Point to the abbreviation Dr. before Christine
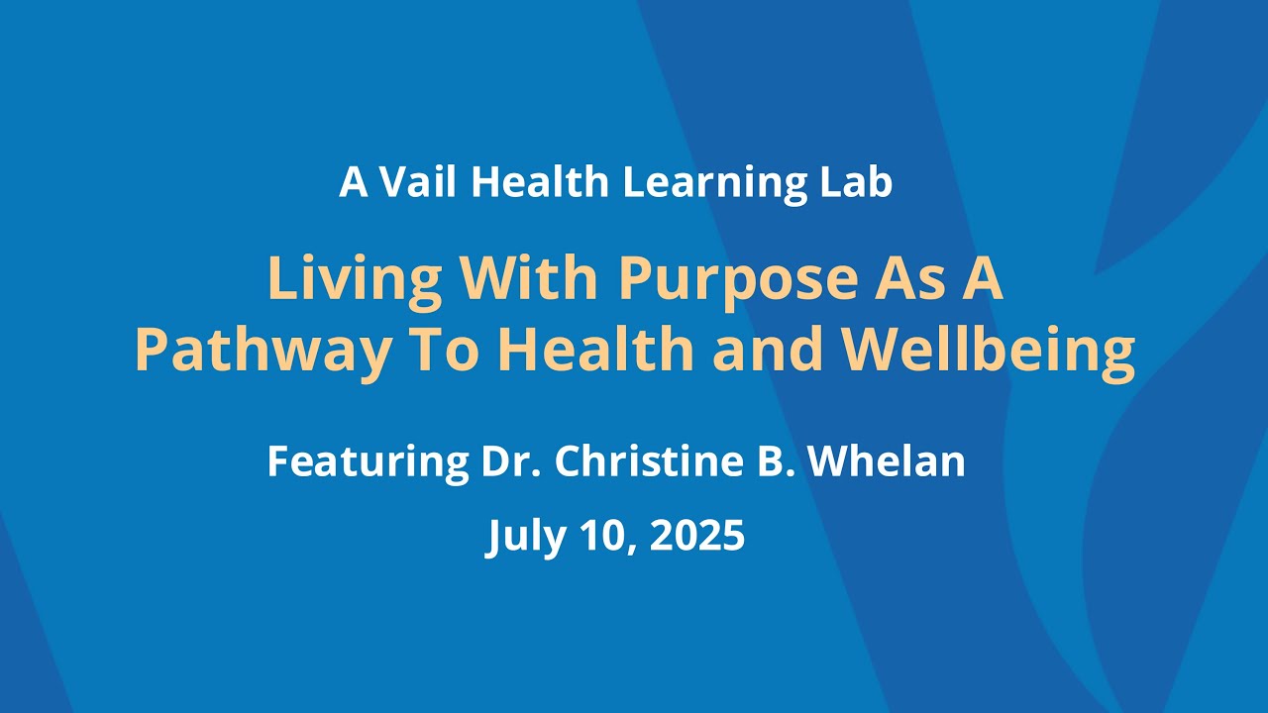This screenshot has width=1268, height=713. (512, 461)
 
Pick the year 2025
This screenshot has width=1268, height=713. (697, 537)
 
